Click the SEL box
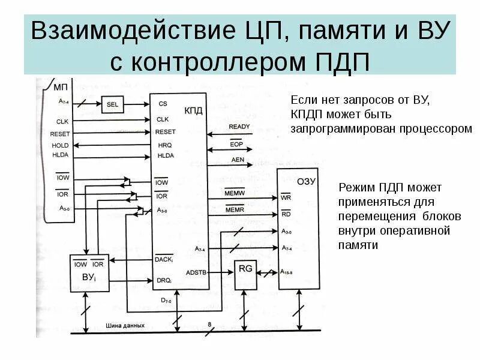[112, 104]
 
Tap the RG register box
[245, 269]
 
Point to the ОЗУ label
[306, 181]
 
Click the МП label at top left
[61, 88]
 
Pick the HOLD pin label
[59, 146]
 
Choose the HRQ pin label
[164, 145]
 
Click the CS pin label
[163, 104]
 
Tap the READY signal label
[239, 127]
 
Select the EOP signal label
[236, 145]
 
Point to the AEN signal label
[238, 160]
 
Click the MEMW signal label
[233, 193]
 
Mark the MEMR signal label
[233, 209]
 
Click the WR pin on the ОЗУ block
[286, 197]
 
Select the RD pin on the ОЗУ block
[286, 213]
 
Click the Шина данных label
[125, 326]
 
